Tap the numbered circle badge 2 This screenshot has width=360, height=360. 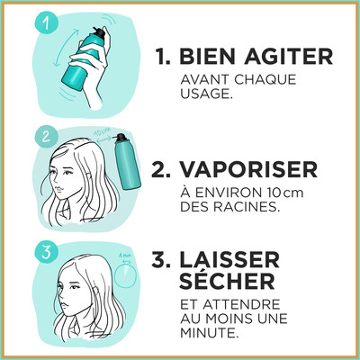[46, 137]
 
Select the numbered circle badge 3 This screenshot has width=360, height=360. [46, 253]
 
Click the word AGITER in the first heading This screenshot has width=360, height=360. [289, 56]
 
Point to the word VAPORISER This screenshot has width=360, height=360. [248, 169]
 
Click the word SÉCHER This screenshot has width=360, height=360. [227, 281]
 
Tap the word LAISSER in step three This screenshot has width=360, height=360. [229, 260]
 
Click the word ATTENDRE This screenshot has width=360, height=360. [241, 305]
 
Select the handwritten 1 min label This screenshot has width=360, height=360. [125, 255]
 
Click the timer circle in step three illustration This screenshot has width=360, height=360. [125, 275]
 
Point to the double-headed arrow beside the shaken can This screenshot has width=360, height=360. [64, 47]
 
